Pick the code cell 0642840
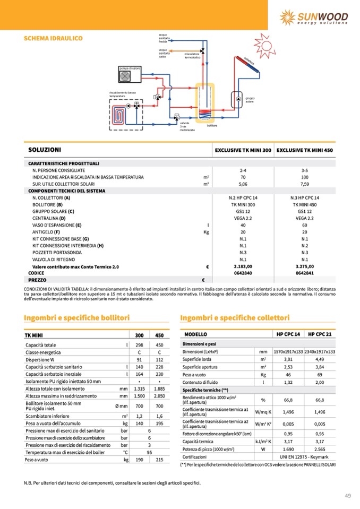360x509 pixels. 243,273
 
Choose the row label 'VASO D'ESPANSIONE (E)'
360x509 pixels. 57,225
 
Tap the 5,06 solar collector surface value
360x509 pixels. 243,184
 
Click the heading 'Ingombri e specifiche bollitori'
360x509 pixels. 77,317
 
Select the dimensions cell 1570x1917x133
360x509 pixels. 287,351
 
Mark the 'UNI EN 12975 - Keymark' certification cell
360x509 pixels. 304,457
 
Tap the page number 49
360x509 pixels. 348,496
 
